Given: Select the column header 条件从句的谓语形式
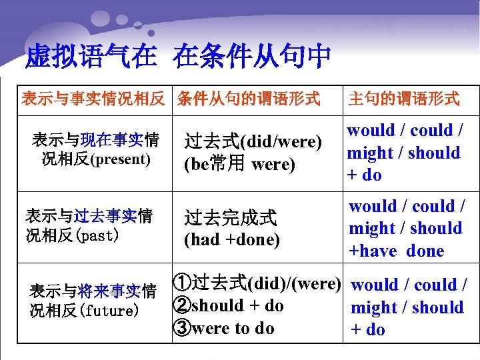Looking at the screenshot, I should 249,99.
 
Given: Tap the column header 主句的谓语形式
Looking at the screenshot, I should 403,99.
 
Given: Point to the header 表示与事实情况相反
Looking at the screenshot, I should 93,99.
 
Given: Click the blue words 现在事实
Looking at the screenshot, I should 111,140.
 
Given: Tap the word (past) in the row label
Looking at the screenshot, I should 97,235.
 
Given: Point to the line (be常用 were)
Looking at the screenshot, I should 239,164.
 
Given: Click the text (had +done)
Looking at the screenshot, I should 231,239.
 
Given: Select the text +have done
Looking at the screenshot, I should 397,251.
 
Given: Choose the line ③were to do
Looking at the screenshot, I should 223,328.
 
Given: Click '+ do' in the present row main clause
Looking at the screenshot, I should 364,175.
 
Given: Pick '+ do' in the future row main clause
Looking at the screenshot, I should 368,329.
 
